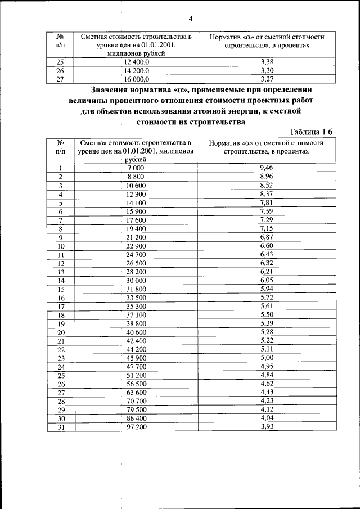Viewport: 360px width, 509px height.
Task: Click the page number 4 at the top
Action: point(191,19)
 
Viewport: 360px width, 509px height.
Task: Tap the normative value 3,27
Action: point(267,79)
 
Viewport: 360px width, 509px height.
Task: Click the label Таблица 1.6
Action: point(312,132)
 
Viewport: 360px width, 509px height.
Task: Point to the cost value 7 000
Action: point(136,168)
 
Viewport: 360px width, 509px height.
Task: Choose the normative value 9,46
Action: point(267,168)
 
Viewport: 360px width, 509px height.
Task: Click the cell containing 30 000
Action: point(136,280)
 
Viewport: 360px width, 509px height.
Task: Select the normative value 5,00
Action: point(267,357)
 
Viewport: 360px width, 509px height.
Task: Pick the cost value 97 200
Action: point(136,427)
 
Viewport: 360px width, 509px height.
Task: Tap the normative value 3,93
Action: point(267,426)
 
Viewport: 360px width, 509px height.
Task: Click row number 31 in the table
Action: point(61,427)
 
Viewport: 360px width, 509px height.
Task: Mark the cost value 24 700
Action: point(136,254)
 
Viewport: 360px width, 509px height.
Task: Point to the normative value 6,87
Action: point(267,237)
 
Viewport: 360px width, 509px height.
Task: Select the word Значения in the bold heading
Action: point(115,89)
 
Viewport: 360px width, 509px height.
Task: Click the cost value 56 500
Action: point(136,384)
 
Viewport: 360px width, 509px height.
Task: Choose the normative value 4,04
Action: point(267,418)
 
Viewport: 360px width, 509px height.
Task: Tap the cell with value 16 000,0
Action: point(137,80)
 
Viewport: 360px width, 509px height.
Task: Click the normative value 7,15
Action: point(267,228)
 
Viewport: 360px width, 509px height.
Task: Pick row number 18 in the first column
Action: point(61,315)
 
